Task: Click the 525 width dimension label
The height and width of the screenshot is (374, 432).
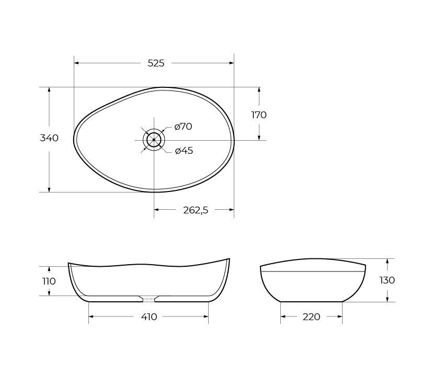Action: point(156,63)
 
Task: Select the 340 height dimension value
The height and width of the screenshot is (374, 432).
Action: point(49,138)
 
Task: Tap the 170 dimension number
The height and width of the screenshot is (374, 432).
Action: point(259,115)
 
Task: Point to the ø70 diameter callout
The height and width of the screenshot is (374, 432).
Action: point(183,127)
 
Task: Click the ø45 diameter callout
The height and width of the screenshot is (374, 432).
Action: point(184,151)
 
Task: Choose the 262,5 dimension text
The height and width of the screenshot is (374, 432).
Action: point(196,210)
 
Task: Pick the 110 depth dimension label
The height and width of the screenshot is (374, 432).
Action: point(49,281)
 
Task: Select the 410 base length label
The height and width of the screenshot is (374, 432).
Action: point(149,316)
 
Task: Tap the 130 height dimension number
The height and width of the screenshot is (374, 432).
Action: point(387,280)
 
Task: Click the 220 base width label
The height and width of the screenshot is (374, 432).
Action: point(311,316)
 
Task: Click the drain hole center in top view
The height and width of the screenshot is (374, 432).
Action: point(154,140)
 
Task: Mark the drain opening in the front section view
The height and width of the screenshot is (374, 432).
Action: point(149,300)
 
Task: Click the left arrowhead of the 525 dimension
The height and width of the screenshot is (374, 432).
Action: point(76,63)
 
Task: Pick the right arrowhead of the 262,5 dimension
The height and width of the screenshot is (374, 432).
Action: point(232,210)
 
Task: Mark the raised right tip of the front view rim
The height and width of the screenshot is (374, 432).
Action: point(229,259)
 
